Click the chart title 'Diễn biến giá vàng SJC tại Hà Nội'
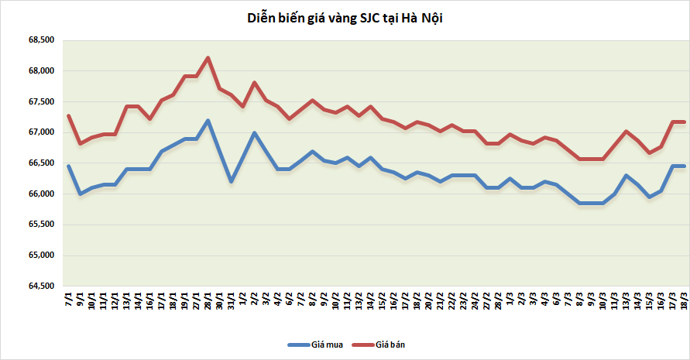pyautogui.click(x=345, y=18)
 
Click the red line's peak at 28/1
pyautogui.click(x=208, y=57)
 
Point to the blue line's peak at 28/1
pyautogui.click(x=208, y=120)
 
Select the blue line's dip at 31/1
pyautogui.click(x=231, y=181)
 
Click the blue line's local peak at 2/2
pyautogui.click(x=254, y=132)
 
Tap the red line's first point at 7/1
pyautogui.click(x=69, y=116)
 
